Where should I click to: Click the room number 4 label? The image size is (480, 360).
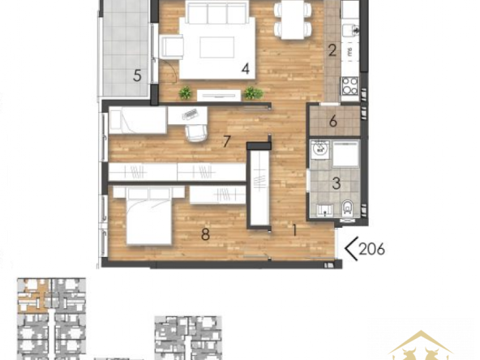click(246, 69)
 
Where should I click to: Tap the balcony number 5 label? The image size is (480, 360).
click(137, 75)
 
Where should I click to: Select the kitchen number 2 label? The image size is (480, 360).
click(332, 50)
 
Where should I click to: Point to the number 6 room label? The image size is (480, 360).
click(333, 122)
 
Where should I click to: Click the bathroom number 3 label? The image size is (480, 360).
click(336, 183)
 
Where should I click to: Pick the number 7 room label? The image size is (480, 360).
click(226, 141)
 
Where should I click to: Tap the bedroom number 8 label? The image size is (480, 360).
click(205, 235)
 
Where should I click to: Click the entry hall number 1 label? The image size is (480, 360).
click(294, 230)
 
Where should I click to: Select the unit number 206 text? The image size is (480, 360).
click(371, 249)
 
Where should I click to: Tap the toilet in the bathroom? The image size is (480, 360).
click(347, 208)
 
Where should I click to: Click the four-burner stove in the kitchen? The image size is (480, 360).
click(350, 86)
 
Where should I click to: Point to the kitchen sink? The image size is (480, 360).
click(350, 29)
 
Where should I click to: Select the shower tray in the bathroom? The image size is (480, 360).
click(345, 154)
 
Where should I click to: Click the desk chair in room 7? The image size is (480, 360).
click(195, 134)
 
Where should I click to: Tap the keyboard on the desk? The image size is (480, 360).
click(190, 114)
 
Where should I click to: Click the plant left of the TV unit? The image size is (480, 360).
click(185, 92)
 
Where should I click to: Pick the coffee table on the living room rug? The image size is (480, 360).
click(217, 47)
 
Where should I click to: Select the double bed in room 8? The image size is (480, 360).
click(148, 216)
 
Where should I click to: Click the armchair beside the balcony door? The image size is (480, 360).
click(171, 46)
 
